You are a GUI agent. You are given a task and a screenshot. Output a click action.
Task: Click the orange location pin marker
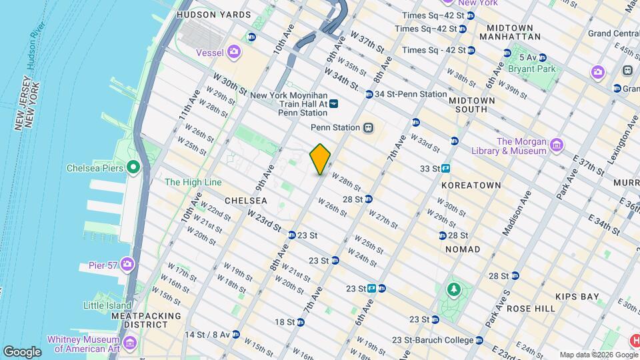pyautogui.click(x=321, y=159)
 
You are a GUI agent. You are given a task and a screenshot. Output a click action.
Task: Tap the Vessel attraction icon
pyautogui.click(x=234, y=51)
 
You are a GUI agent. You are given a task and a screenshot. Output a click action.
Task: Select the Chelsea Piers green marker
pyautogui.click(x=133, y=167)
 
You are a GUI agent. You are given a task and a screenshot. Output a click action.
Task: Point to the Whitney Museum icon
pyautogui.click(x=129, y=343)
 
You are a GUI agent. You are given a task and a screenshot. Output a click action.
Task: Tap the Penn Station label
pyautogui.click(x=335, y=127)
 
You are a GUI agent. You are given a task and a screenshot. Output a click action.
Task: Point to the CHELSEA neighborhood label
pyautogui.click(x=245, y=200)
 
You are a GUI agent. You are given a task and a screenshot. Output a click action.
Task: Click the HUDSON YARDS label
pyautogui.click(x=213, y=15)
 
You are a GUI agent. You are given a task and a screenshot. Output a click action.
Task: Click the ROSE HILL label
pyautogui.click(x=531, y=309)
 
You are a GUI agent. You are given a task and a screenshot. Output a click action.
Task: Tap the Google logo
pyautogui.click(x=22, y=351)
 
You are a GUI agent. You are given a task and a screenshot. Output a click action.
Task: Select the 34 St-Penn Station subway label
pyautogui.click(x=410, y=94)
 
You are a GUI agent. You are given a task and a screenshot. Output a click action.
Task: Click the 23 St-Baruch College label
pyautogui.click(x=433, y=340)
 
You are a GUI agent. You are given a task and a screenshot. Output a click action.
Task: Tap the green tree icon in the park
pyautogui.click(x=454, y=289)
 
